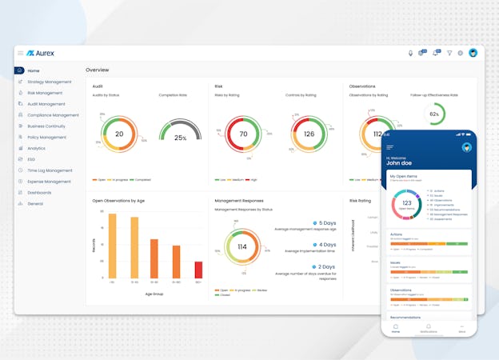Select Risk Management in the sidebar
[x=44, y=93]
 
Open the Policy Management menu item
[x=49, y=137]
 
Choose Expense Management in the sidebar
[x=50, y=182]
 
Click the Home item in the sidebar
[x=33, y=70]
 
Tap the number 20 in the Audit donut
[x=119, y=134]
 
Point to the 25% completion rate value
[x=181, y=138]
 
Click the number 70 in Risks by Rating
[x=243, y=134]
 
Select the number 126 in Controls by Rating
[x=308, y=134]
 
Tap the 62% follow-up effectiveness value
[x=435, y=114]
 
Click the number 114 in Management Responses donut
[x=242, y=246]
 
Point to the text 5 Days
[x=327, y=223]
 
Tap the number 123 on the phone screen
[x=406, y=203]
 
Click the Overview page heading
[x=98, y=70]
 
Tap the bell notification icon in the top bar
[x=435, y=53]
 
